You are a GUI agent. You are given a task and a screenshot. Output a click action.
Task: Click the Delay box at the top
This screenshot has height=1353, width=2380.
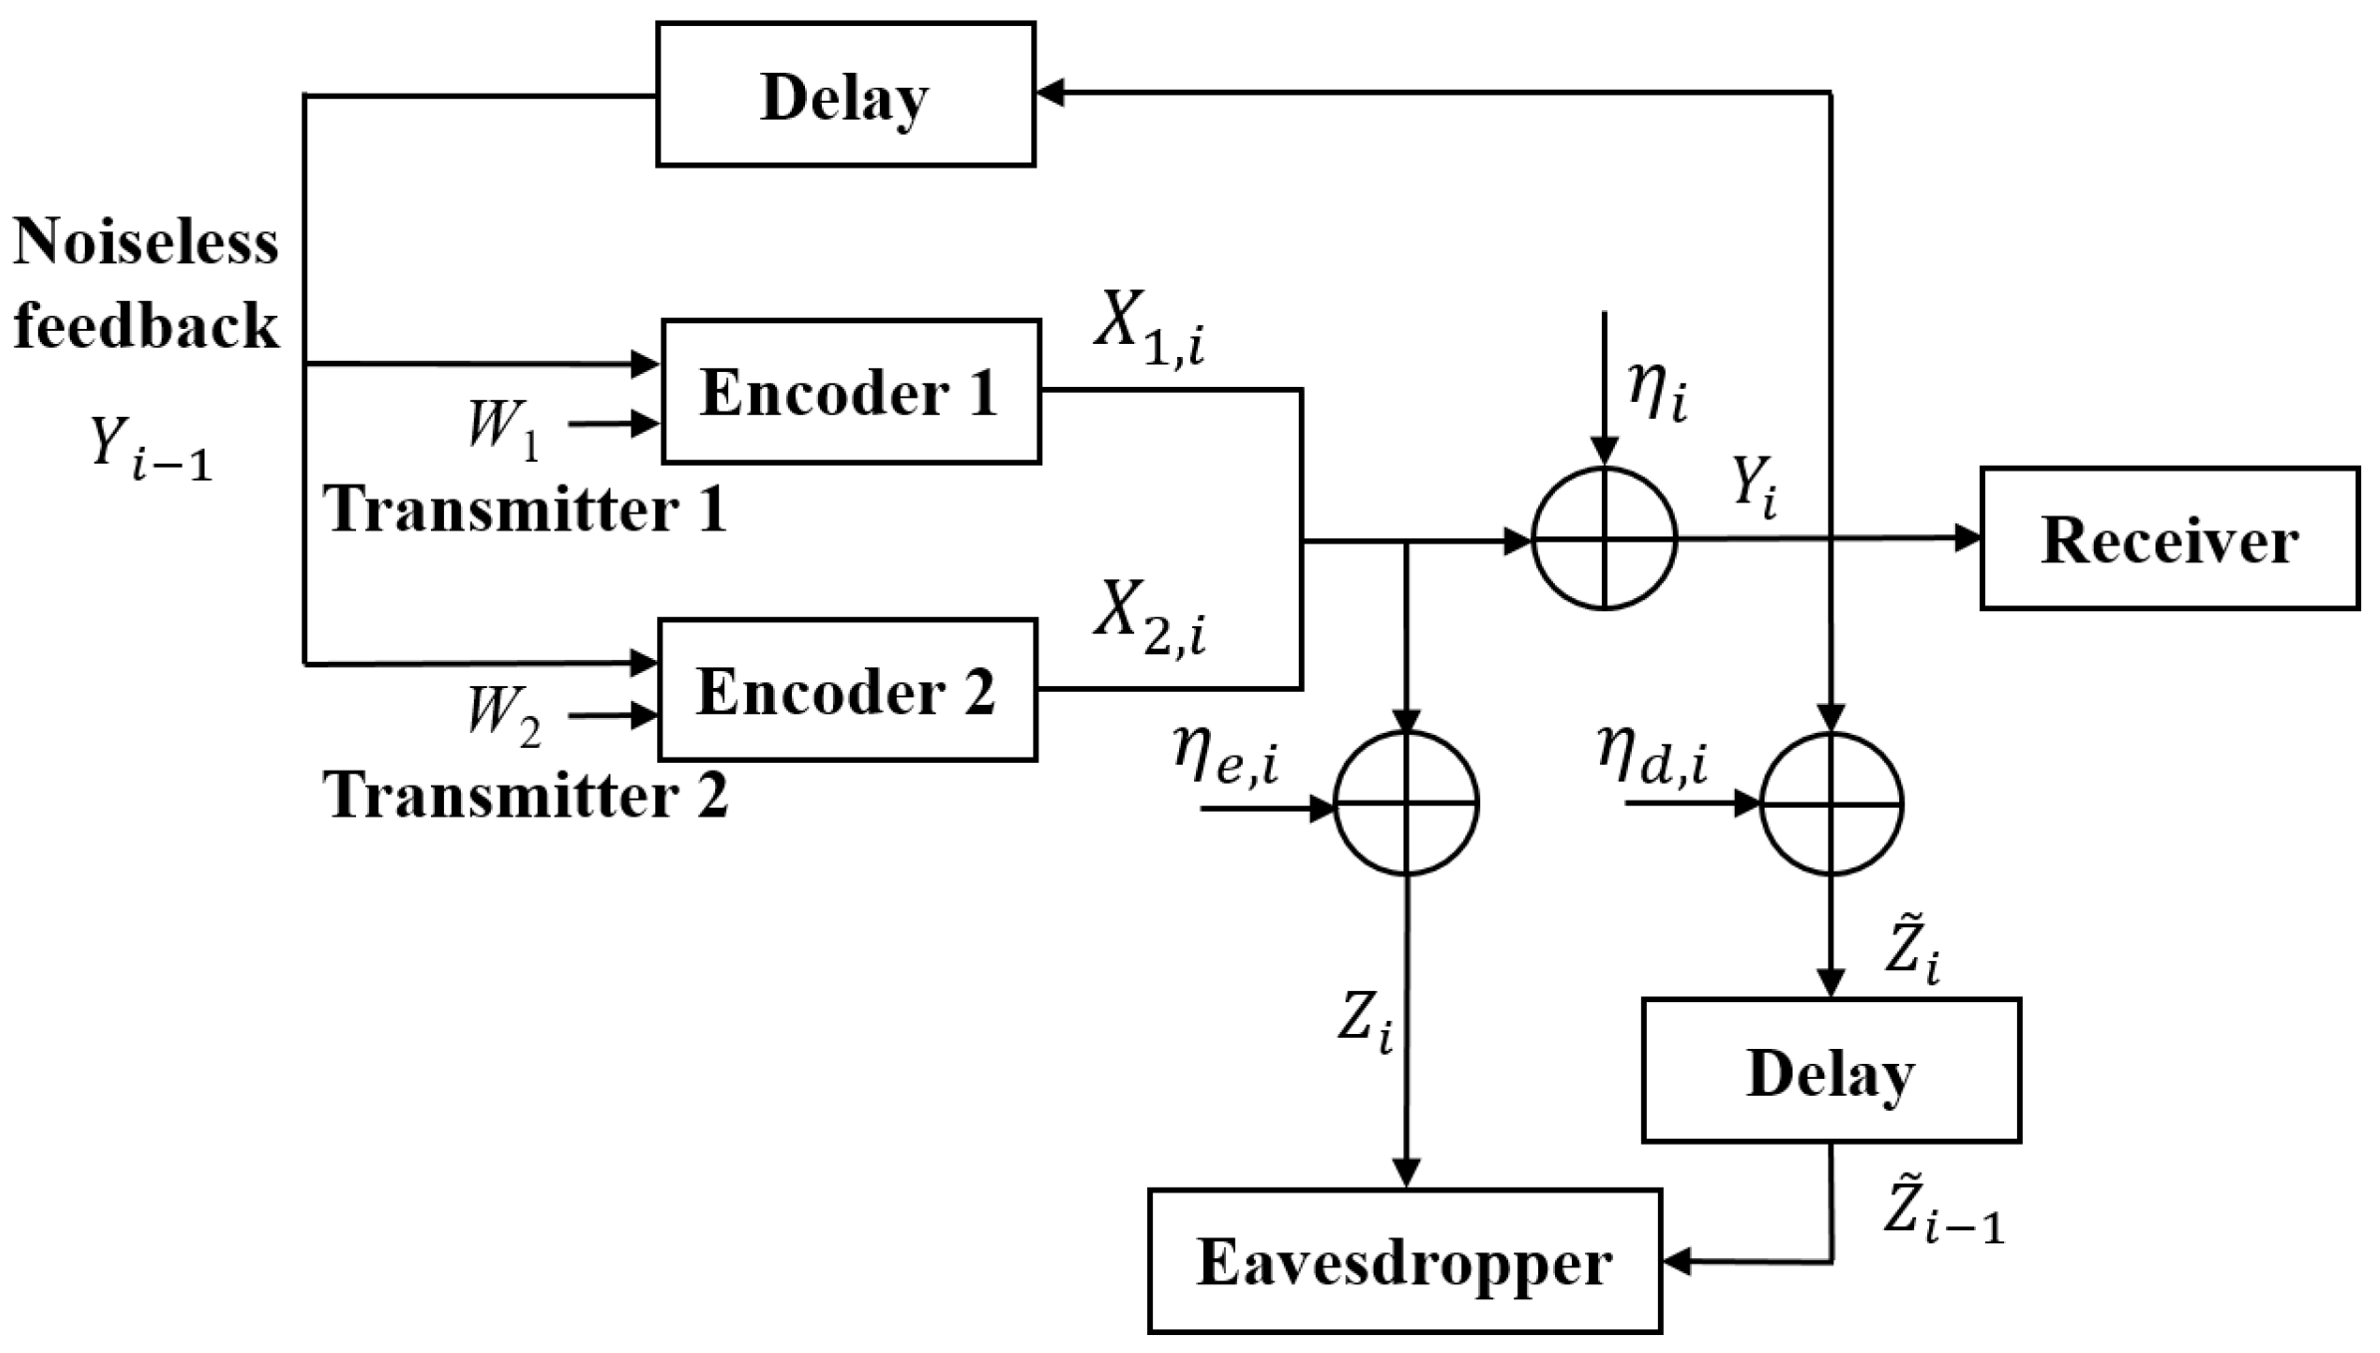pos(845,95)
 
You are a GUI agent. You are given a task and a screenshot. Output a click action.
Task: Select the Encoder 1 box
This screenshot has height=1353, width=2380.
pos(851,392)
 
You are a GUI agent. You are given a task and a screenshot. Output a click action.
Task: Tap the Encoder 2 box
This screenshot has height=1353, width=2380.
pos(847,690)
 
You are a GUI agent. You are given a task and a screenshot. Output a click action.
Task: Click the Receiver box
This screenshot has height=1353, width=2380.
pos(2169,538)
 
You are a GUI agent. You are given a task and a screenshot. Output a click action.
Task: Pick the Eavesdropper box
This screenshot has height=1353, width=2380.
pos(1403,1261)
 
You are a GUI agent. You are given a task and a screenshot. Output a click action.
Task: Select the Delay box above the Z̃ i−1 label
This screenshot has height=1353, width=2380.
pos(1830,1071)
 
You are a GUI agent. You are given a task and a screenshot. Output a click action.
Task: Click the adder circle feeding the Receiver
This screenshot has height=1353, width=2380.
pos(1604,538)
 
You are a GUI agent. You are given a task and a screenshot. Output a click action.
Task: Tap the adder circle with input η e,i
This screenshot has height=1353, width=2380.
pos(1405,804)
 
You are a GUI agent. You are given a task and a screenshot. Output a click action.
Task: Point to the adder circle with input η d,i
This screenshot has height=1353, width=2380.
pos(1831,804)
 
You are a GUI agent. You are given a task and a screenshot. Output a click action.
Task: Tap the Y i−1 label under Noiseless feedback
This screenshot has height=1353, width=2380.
pos(150,448)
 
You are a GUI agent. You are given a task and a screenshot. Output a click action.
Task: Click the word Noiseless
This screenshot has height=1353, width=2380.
pos(146,242)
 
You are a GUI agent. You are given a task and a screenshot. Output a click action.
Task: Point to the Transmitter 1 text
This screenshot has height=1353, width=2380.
pos(525,509)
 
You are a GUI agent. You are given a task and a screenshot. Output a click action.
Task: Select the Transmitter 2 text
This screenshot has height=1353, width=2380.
pos(525,796)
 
